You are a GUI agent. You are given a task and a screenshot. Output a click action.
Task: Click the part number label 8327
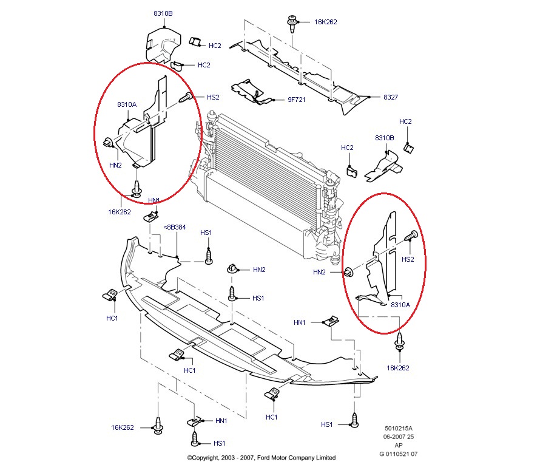[391, 97]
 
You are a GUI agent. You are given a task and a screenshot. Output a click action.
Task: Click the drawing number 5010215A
[400, 429]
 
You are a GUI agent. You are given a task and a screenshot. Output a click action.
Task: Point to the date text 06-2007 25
[400, 437]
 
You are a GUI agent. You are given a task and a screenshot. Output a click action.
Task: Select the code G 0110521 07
[399, 454]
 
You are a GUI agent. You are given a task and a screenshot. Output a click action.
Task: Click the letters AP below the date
[399, 446]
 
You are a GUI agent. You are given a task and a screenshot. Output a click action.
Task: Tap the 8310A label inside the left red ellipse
[127, 104]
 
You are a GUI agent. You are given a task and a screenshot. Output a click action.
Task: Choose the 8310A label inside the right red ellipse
[400, 305]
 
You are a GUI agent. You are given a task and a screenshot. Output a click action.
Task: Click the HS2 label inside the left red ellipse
[213, 97]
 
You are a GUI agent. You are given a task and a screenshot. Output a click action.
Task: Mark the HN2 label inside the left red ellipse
[115, 165]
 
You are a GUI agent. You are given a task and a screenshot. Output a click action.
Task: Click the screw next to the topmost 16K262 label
[292, 23]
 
